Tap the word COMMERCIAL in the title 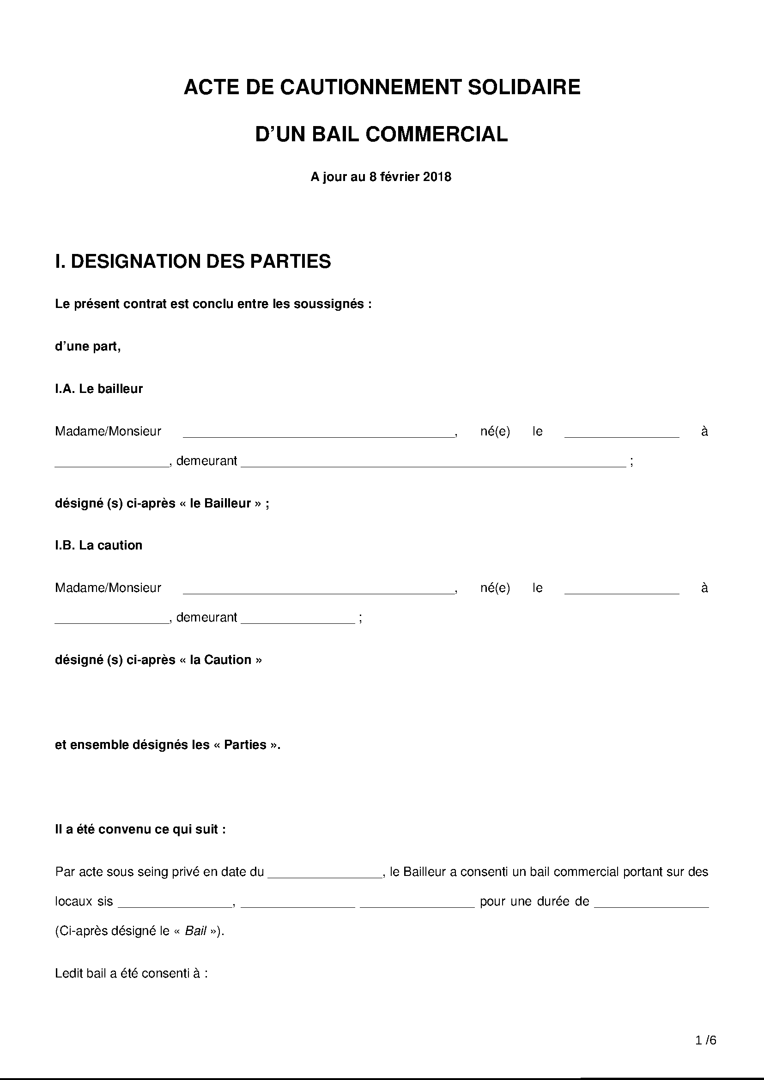coord(436,134)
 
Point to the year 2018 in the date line coord(437,177)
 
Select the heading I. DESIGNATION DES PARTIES coord(193,261)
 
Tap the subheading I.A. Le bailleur coord(99,389)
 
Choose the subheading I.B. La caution coord(99,545)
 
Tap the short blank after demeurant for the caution coord(298,619)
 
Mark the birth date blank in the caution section coord(621,589)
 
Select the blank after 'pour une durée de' coord(652,903)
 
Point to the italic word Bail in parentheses coord(196,931)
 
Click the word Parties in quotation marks coord(245,745)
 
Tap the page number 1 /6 coord(706,1040)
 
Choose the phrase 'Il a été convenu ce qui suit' coord(137,829)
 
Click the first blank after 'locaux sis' coord(175,903)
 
